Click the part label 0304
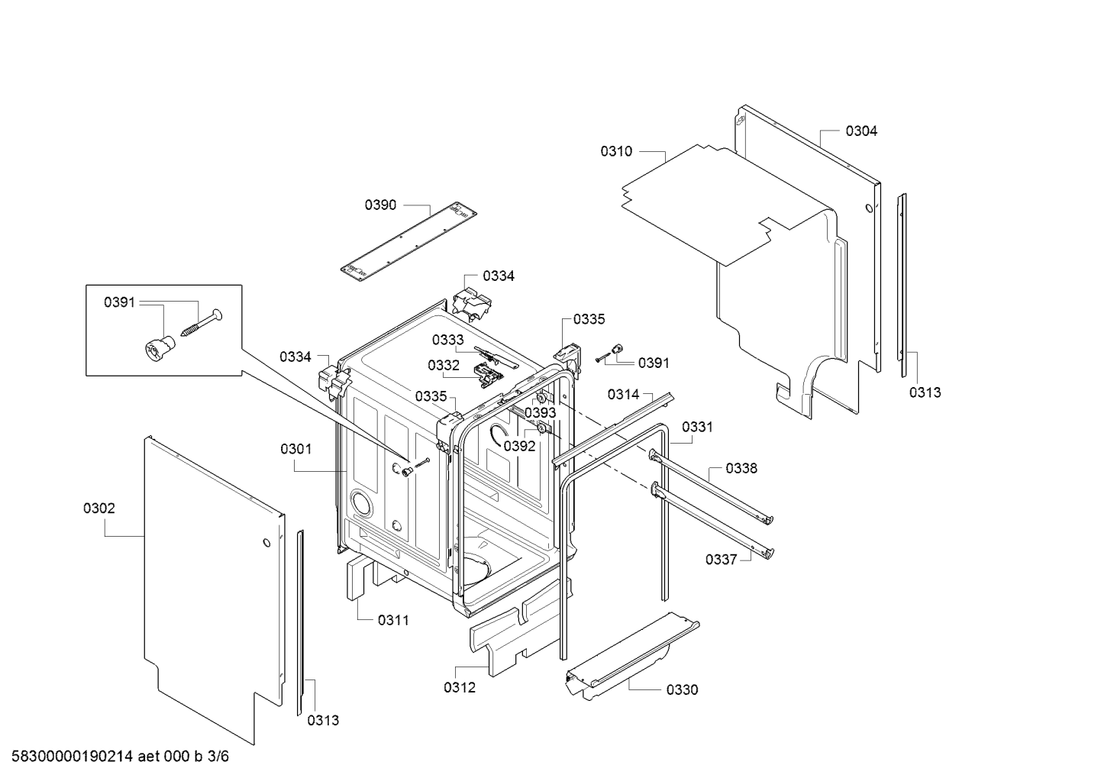pos(861,131)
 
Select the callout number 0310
pos(616,151)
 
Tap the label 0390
pos(380,205)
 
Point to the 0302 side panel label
pos(99,508)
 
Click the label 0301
pos(296,449)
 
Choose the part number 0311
pos(393,620)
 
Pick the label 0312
pos(460,688)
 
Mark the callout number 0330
pos(683,690)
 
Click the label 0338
pos(741,468)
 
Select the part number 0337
pos(722,560)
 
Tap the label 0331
pos(697,427)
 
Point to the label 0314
pos(623,394)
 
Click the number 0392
pos(519,446)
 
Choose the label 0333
pos(447,340)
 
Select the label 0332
pos(444,365)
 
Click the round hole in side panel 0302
pos(266,543)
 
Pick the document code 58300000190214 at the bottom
pos(73,756)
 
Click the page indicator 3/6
pos(218,756)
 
